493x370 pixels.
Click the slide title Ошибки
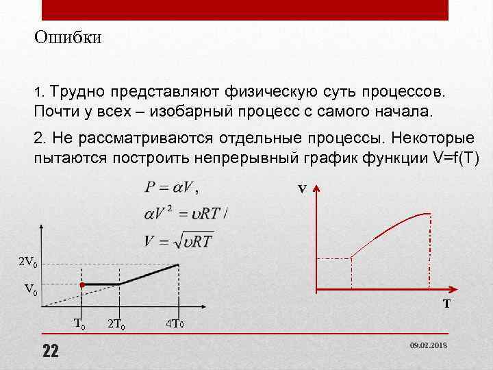(x=68, y=37)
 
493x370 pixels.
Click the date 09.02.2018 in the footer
(x=428, y=345)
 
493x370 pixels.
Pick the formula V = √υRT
(x=179, y=241)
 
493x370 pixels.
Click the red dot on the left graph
(x=81, y=284)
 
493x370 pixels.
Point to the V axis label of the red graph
(x=302, y=188)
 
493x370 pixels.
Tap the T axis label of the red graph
(x=446, y=304)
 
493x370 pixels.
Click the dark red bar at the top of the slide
(x=245, y=10)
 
